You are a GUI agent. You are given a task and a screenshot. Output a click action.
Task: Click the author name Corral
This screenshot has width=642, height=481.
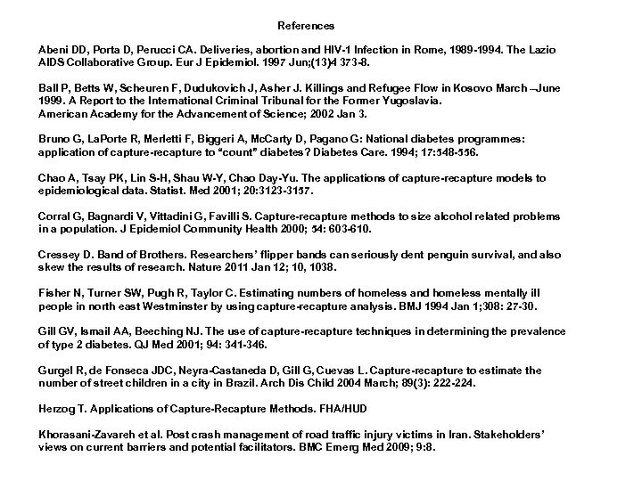54,216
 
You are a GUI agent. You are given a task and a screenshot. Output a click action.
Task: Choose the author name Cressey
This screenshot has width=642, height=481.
59,255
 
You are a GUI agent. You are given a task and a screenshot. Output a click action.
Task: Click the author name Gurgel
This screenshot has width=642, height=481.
56,370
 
